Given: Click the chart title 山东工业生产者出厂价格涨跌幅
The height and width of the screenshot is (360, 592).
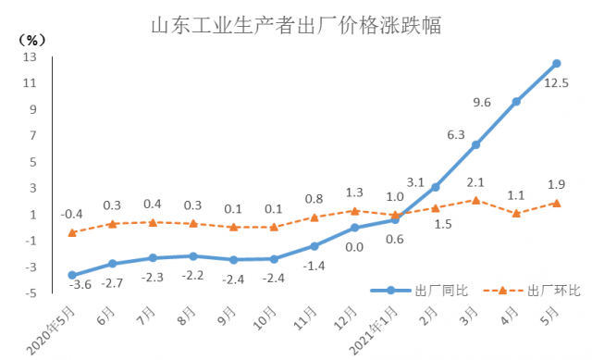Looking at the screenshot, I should coord(296,25).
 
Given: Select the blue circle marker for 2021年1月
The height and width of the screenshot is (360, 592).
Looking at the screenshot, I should coord(395,219).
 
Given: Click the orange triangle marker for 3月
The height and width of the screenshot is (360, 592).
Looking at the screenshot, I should coord(475,200).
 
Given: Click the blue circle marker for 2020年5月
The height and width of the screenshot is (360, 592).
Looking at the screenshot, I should coord(71,275).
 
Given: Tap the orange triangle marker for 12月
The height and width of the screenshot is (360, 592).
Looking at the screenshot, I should coord(354,211).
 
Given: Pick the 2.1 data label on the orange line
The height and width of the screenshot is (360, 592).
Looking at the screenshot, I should coord(475,181).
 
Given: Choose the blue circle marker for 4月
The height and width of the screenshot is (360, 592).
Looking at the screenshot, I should coord(516,102).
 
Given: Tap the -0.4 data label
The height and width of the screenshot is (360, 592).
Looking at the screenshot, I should coord(72,215).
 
